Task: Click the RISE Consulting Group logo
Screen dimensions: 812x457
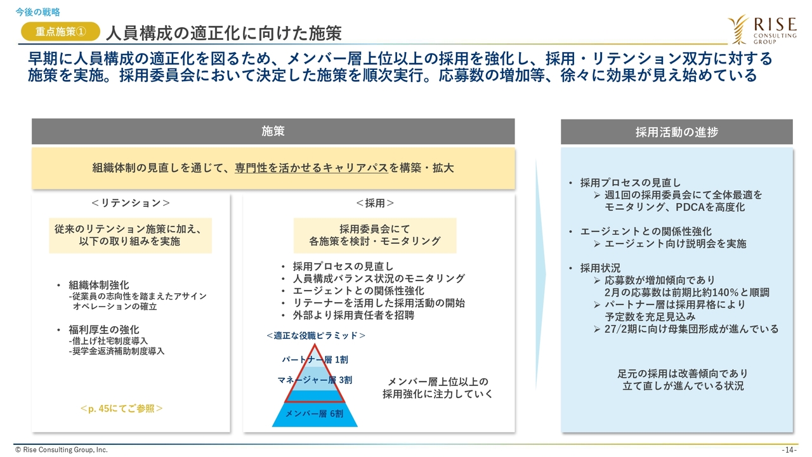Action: point(762,30)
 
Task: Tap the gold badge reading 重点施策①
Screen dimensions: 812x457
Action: point(60,32)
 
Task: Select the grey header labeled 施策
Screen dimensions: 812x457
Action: point(273,131)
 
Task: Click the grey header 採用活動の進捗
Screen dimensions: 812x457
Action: point(676,132)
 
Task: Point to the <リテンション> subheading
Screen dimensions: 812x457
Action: point(131,202)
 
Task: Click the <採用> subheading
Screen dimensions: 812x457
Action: point(375,203)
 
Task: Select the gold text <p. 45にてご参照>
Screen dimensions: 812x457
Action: point(121,409)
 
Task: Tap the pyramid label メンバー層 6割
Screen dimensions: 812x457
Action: point(314,413)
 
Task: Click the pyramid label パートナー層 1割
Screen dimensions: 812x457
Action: point(315,359)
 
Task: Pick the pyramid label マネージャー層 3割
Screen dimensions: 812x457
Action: point(315,380)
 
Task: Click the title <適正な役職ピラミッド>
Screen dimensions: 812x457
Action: point(316,336)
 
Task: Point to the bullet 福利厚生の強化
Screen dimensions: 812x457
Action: point(103,329)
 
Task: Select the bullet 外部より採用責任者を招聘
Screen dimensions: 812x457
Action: point(353,315)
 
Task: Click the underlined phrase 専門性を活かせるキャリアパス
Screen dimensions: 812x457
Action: point(311,168)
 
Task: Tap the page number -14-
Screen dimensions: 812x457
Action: point(789,450)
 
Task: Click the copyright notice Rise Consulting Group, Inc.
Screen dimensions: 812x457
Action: point(62,450)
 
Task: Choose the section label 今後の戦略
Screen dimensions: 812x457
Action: point(37,12)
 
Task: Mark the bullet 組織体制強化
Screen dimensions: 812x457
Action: point(98,285)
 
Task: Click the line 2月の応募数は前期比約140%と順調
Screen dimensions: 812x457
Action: point(686,293)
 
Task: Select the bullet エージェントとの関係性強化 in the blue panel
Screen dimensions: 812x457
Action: point(646,232)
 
